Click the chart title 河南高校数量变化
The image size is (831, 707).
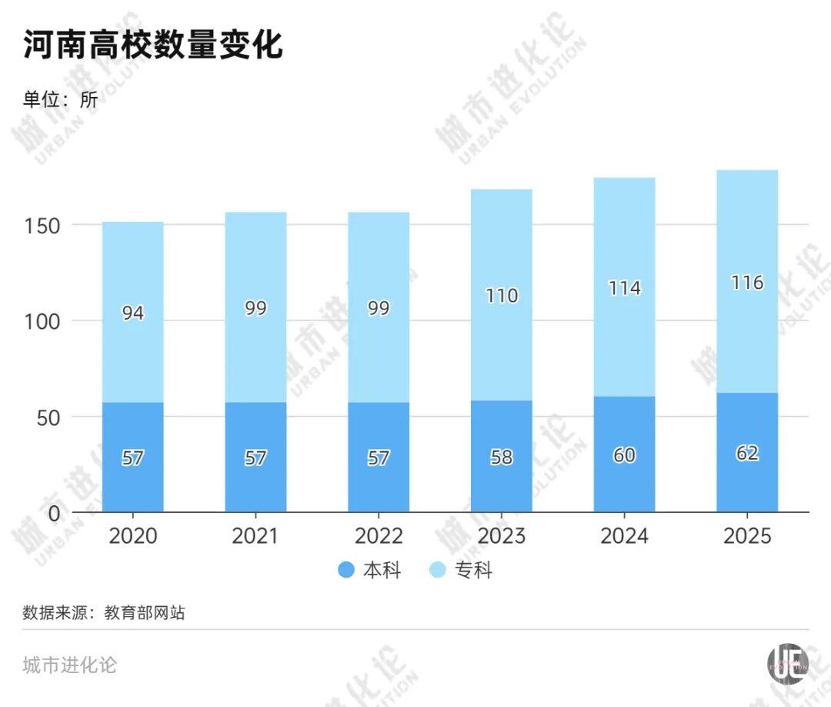153,46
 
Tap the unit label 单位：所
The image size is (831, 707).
61,99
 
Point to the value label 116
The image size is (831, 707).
747,283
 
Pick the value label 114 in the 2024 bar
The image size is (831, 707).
624,288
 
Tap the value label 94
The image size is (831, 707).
132,313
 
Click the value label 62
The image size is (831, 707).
747,453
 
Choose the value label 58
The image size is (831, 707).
502,457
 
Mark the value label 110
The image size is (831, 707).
502,296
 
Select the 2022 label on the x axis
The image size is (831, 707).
379,536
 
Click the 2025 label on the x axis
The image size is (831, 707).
747,536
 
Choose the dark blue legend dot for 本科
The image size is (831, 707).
347,571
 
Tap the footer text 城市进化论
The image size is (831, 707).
70,665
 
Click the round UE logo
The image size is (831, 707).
788,663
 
